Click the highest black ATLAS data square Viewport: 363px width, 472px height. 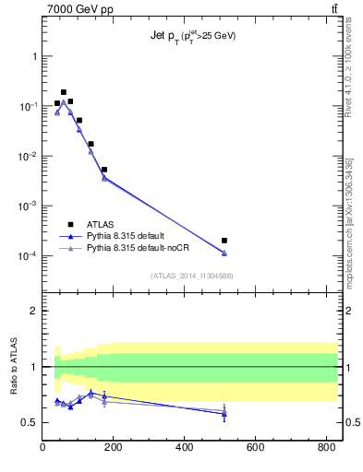tap(64, 92)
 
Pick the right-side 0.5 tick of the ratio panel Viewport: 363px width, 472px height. tap(352, 422)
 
